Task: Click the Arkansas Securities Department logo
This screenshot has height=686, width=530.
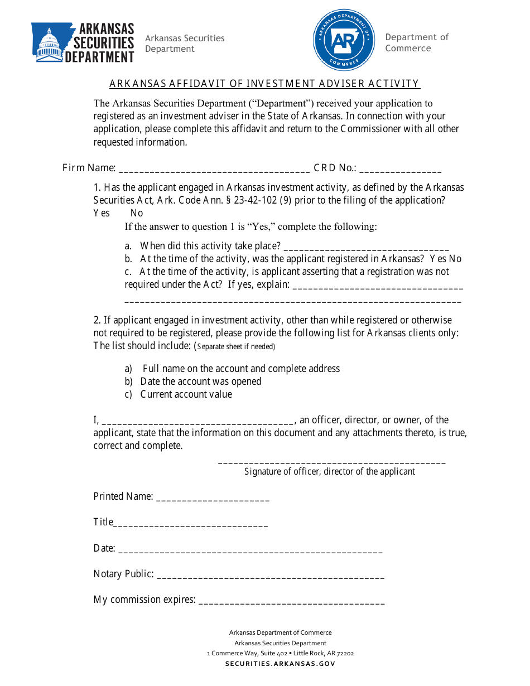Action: coord(83,43)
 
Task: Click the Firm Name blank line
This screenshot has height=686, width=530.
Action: coord(215,169)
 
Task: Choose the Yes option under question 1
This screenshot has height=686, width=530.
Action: coord(102,213)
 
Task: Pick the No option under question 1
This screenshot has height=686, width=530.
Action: coord(137,213)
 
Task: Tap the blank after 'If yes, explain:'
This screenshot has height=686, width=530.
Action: coord(378,286)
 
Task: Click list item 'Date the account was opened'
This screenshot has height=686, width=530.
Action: coord(201,381)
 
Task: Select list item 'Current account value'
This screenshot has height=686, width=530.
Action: coord(186,394)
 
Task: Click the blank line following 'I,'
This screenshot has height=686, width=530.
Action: coord(199,422)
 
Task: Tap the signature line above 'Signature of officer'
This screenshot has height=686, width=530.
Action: coord(331,462)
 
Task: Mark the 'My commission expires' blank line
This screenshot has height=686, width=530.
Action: coord(291,601)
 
